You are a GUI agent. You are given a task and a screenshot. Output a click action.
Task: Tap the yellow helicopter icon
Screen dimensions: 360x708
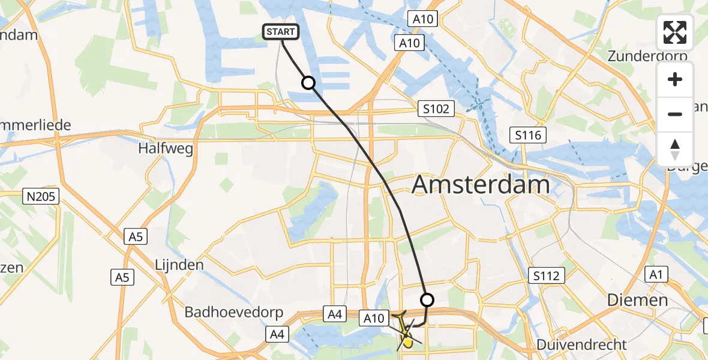405,331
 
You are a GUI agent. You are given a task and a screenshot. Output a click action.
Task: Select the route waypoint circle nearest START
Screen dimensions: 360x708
308,83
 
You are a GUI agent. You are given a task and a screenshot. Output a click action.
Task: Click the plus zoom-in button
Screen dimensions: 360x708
675,79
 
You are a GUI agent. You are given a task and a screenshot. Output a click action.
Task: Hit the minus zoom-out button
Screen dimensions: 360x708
675,114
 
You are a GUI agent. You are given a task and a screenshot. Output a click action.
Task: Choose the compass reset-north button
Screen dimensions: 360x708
675,149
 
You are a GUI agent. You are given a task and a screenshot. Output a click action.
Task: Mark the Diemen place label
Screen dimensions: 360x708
637,300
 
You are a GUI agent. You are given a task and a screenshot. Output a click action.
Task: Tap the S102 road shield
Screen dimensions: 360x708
436,109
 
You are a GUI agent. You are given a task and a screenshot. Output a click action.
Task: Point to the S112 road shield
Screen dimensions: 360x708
547,275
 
